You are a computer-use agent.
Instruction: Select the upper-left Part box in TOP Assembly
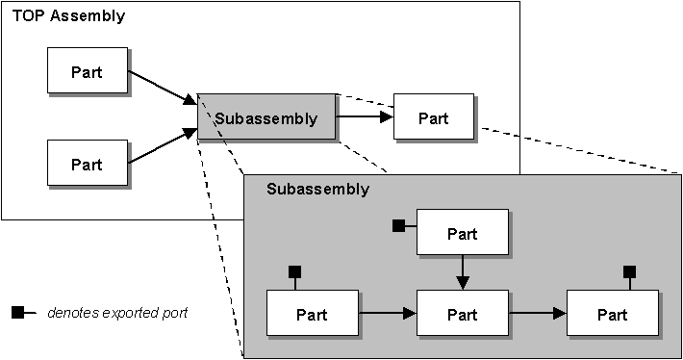(x=88, y=70)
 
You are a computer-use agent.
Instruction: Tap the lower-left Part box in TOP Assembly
(x=88, y=163)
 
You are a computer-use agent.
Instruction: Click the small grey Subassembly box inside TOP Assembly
(x=266, y=118)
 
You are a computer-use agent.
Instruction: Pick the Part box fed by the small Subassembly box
(x=434, y=117)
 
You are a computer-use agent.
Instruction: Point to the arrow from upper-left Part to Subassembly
(x=162, y=87)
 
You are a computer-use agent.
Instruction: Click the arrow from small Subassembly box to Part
(x=365, y=117)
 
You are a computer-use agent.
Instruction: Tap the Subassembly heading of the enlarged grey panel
(x=316, y=189)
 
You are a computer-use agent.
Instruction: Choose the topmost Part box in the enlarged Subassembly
(x=462, y=234)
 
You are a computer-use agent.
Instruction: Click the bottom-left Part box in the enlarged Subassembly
(x=311, y=314)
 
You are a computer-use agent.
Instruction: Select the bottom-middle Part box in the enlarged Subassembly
(x=462, y=314)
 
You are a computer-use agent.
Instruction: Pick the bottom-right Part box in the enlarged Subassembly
(x=613, y=314)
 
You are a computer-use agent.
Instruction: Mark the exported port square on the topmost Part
(x=398, y=226)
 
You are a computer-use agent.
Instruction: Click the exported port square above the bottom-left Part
(x=295, y=272)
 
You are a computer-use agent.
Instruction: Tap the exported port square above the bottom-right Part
(x=629, y=272)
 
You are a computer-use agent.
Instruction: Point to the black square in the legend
(x=17, y=313)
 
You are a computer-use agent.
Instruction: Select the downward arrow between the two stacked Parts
(x=462, y=272)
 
